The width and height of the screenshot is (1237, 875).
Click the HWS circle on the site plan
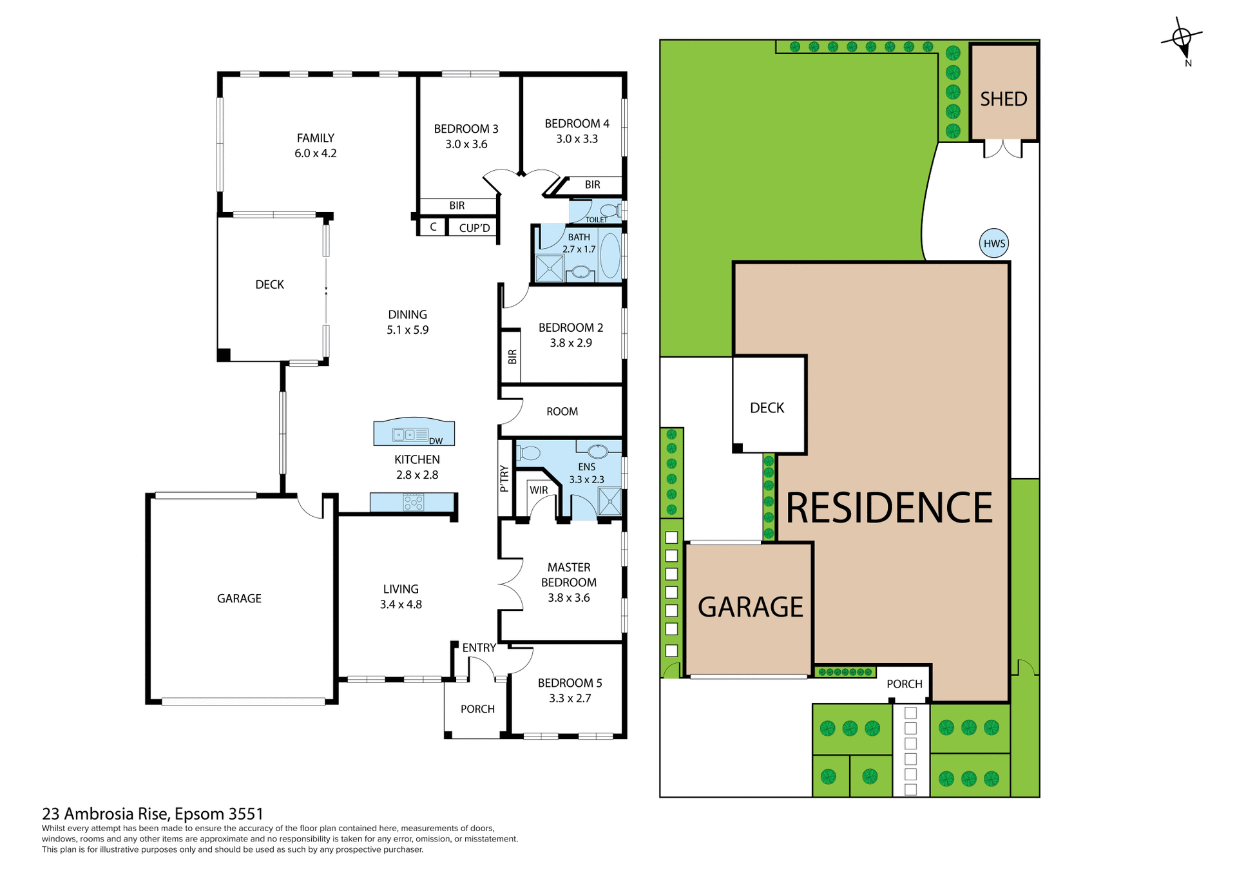994,244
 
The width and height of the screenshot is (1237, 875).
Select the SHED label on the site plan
1003,99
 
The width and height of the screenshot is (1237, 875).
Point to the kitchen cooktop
413,502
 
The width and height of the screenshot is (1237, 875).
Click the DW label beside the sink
436,441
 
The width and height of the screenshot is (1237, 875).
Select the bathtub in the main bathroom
609,256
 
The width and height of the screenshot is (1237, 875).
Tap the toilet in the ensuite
528,453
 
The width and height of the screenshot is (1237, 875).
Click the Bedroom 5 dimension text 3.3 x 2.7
570,698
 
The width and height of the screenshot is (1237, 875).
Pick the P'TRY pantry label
504,479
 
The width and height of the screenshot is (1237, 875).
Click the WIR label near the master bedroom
539,490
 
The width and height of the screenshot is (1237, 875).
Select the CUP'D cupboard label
474,228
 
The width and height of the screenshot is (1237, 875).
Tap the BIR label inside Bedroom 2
512,356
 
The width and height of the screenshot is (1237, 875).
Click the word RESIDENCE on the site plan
889,508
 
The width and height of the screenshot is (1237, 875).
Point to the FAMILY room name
316,138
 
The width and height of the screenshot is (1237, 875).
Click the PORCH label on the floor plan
477,709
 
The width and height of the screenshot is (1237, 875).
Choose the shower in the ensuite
609,501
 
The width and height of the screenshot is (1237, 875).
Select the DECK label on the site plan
767,408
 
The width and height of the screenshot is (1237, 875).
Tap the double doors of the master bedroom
512,584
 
